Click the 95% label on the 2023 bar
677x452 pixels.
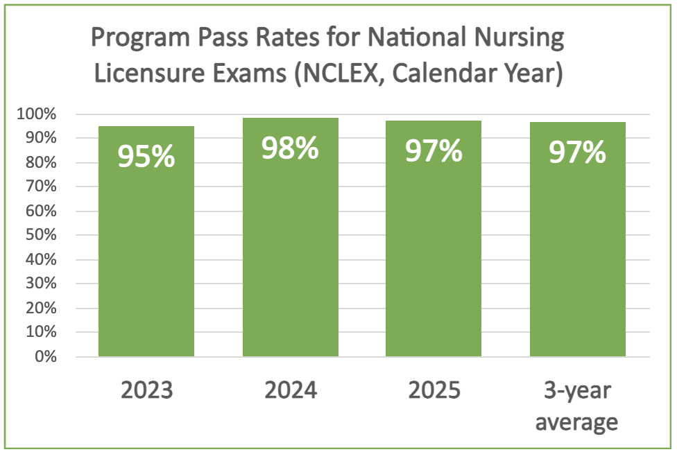(146, 157)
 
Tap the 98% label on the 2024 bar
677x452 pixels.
(290, 148)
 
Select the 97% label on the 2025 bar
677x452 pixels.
(434, 150)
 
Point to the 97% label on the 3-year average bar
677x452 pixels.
(577, 153)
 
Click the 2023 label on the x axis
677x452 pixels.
(146, 390)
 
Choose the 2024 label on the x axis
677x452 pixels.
(290, 390)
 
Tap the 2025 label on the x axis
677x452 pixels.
(434, 390)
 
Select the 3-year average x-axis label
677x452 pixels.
(577, 406)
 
